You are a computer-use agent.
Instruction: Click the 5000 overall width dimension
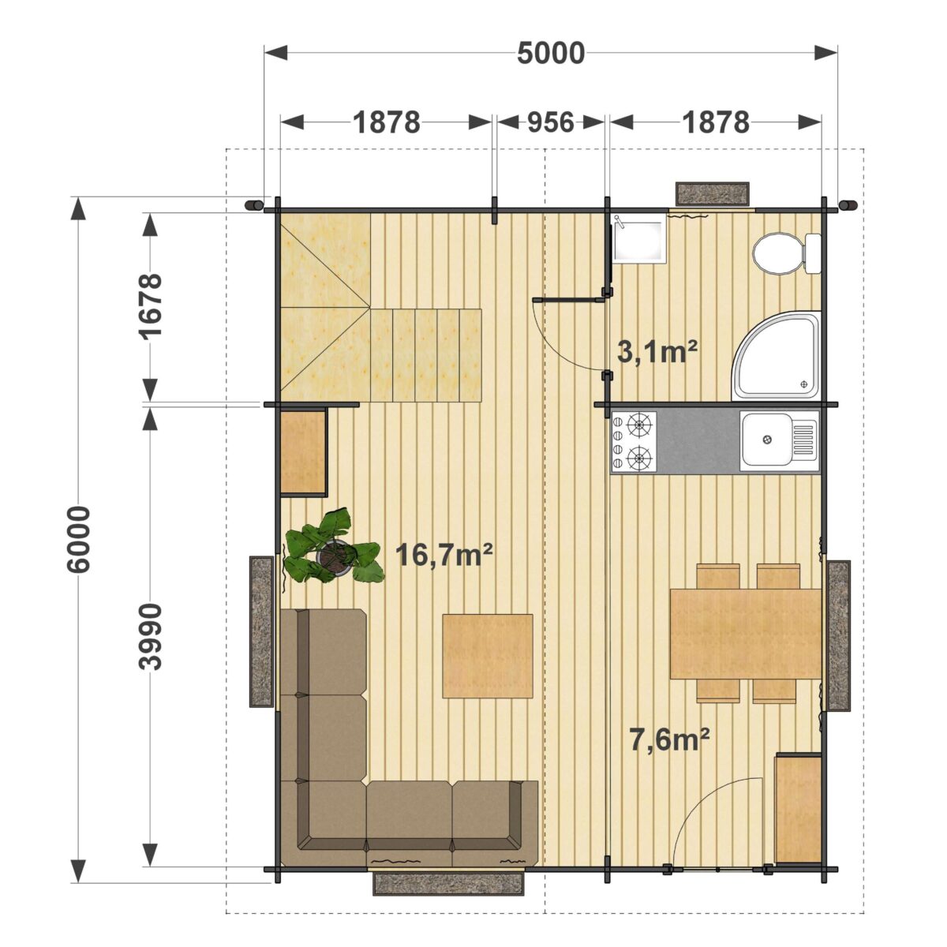click(551, 53)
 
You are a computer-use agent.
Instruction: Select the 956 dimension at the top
click(550, 122)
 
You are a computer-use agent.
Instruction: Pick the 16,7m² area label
click(444, 555)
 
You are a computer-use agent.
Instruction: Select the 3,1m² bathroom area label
click(657, 352)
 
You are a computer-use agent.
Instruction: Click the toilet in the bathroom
click(787, 253)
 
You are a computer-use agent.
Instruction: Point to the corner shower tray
click(777, 355)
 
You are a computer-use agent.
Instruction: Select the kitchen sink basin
click(766, 439)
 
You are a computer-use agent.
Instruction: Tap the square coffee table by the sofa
click(488, 656)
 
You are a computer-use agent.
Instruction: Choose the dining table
click(746, 634)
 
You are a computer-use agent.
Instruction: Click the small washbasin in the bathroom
click(638, 239)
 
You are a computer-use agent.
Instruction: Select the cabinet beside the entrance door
click(798, 810)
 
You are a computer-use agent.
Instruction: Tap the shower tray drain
click(804, 384)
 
